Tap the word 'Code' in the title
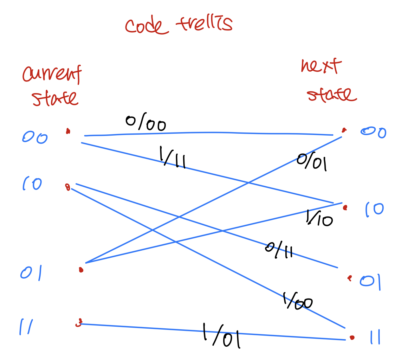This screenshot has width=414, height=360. click(146, 26)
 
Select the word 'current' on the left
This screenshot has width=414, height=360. click(52, 74)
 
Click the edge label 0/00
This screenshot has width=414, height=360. click(146, 122)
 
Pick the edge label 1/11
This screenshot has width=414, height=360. click(172, 157)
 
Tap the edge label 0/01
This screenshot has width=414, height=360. click(312, 162)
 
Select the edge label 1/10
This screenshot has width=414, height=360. click(319, 218)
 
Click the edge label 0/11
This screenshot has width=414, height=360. click(279, 250)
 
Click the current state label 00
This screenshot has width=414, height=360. click(35, 138)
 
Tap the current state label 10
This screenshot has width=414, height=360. click(32, 183)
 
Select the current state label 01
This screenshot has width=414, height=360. click(31, 273)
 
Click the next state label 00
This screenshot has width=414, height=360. click(373, 132)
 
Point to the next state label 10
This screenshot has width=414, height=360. click(375, 210)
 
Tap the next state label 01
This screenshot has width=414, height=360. click(370, 282)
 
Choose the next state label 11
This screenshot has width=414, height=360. click(375, 337)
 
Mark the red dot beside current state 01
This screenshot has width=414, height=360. click(81, 270)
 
